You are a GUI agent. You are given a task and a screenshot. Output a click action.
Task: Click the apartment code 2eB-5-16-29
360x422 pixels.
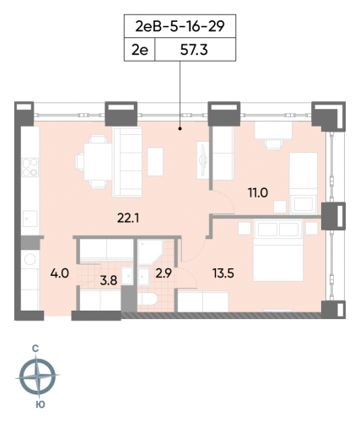pos(180,25)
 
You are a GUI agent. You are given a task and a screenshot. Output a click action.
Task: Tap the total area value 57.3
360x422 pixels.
pos(195,51)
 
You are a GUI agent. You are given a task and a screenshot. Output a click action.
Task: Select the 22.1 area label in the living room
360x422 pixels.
pos(128,219)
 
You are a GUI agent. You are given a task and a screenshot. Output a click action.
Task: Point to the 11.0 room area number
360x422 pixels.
pos(257,192)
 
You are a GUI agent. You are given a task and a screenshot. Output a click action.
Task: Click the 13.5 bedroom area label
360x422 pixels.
pos(223,272)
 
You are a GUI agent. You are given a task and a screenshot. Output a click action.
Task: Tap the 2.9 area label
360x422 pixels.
pos(164,272)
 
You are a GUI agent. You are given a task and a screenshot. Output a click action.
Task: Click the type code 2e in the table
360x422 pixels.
pos(140,51)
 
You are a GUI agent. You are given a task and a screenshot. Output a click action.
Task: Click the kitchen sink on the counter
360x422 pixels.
pos(28,219)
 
